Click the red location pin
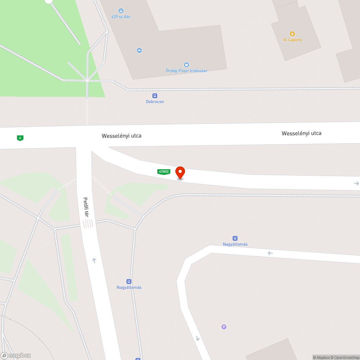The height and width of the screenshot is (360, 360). pos(180,172)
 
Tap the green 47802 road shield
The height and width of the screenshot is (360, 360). pos(163,172)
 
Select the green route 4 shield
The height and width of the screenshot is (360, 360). pos(20,138)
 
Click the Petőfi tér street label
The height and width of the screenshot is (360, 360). pos(86,207)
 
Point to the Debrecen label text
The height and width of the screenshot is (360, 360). pos(155,102)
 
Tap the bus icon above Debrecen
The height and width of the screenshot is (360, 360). pos(155,96)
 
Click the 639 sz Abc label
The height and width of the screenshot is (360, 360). pos(121,17)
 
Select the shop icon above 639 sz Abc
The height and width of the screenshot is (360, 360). pos(121,11)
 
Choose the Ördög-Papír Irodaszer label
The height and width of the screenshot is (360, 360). pos(186,71)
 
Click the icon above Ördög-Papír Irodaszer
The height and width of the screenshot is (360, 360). pos(186,65)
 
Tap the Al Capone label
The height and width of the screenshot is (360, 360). pos(292,40)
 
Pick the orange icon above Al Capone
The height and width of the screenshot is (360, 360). pos(292,34)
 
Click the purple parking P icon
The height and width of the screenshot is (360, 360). pos(224,327)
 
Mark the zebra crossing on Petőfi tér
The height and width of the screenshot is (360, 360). pos(88,224)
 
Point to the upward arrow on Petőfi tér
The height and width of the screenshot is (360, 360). pos(94,260)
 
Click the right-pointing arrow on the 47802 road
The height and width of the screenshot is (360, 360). pos(356,184)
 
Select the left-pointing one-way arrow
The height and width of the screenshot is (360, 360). pos(270,253)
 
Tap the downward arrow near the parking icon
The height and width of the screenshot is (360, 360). pos(197,338)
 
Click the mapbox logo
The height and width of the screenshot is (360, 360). pos(16,356)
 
